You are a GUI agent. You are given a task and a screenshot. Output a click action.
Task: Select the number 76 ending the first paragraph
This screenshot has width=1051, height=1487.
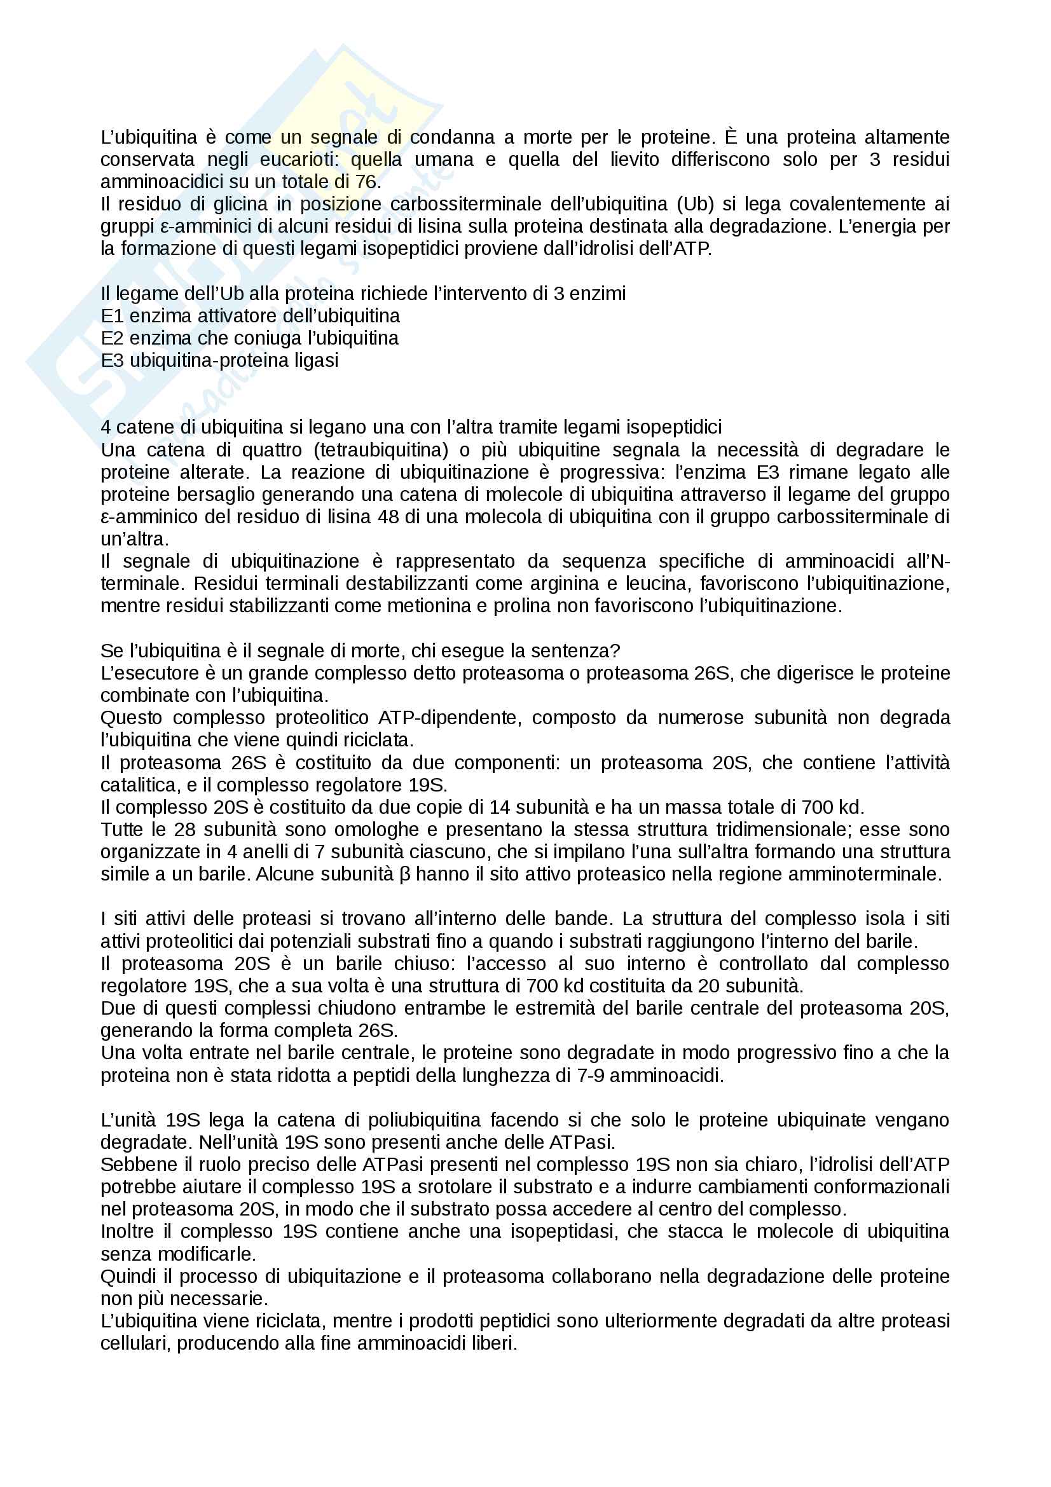(365, 182)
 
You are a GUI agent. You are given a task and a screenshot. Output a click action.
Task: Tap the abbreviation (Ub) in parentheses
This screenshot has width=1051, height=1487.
(696, 204)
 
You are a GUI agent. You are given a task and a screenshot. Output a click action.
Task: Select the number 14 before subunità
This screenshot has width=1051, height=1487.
(500, 807)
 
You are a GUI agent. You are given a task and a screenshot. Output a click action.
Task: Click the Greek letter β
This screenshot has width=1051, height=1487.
(405, 874)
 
